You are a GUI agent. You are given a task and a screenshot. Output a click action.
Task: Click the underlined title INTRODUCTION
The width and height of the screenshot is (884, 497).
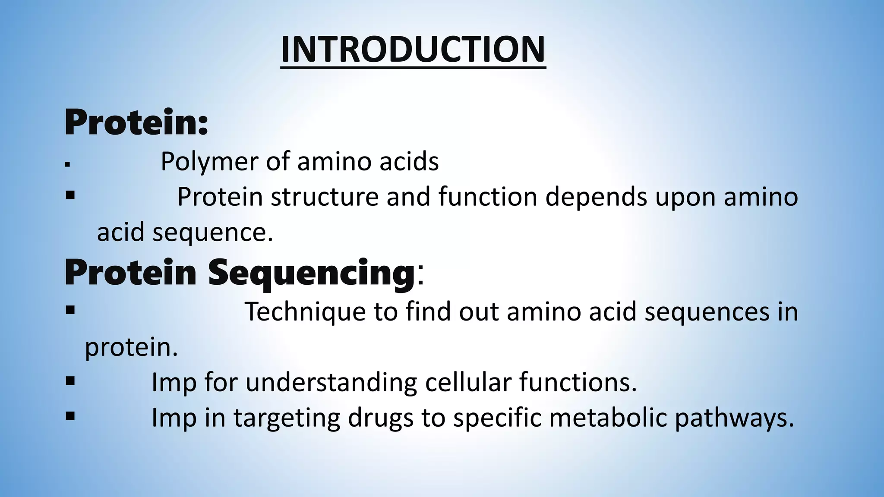413,50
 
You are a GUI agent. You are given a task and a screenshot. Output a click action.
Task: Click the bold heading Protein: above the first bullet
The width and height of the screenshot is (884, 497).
136,123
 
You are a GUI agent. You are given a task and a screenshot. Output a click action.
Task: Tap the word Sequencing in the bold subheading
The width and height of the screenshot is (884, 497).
311,273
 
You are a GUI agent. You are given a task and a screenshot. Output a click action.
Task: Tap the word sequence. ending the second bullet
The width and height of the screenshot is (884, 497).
213,233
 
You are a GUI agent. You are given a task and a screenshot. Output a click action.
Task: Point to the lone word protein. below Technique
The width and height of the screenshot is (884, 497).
131,348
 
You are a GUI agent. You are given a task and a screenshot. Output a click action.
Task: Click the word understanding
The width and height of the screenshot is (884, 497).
331,383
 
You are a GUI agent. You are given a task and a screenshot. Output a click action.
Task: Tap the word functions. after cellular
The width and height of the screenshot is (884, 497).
578,382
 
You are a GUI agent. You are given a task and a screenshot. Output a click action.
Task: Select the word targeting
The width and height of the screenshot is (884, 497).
287,418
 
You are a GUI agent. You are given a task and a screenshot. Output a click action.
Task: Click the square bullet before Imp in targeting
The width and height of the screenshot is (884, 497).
70,416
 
